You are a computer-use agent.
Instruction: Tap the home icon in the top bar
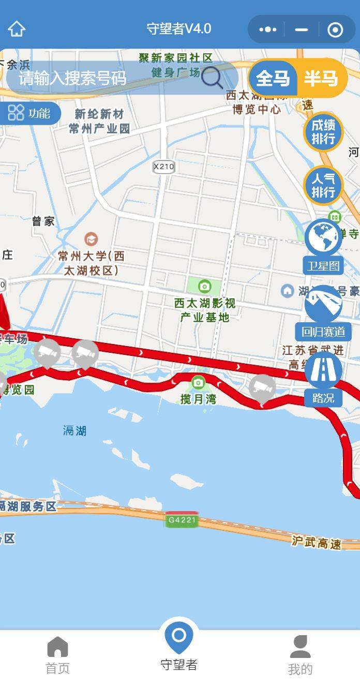[17, 29]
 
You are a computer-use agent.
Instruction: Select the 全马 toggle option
[273, 79]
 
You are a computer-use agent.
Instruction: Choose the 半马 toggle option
[321, 79]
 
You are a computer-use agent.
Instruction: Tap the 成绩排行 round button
[323, 132]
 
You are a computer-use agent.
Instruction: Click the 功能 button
[30, 113]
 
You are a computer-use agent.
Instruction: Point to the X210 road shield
[164, 167]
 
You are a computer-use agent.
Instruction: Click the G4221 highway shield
[182, 519]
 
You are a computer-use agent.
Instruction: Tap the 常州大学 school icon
[92, 239]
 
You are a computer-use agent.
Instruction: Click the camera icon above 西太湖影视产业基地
[205, 286]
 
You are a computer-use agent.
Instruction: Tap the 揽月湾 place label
[198, 399]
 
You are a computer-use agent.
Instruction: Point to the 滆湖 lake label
[74, 430]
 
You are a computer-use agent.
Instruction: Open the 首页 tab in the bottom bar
[57, 655]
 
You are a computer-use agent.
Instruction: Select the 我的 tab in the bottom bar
[300, 655]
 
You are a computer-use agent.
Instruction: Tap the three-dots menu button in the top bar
[267, 29]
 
